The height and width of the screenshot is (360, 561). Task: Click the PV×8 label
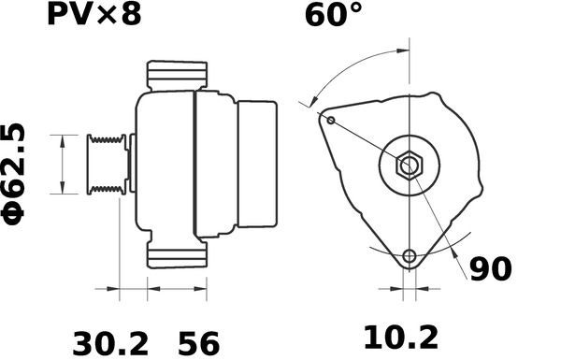tap(94, 15)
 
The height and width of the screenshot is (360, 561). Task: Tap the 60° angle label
tap(334, 15)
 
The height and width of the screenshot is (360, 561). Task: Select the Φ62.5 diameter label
tap(14, 174)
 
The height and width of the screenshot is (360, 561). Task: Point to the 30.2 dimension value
tap(110, 343)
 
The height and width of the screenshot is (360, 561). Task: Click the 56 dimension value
tap(198, 343)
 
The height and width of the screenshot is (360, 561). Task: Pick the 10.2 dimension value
tap(401, 338)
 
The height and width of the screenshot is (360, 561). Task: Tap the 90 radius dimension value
tap(491, 269)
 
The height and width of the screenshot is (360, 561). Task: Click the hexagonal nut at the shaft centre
tap(410, 166)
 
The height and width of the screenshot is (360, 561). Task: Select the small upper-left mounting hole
tap(331, 121)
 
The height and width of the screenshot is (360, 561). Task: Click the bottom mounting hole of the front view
tap(410, 256)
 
